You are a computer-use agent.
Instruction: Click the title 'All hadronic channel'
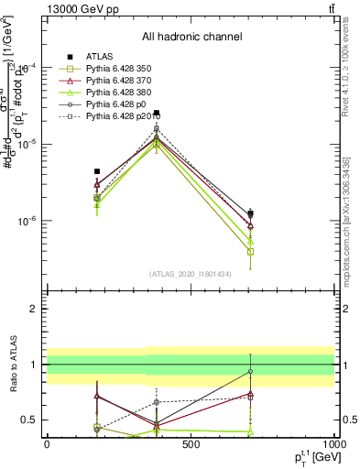190,37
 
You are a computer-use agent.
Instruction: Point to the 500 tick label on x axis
191,444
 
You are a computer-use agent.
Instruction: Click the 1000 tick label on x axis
333,444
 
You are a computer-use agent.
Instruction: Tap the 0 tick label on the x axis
47,444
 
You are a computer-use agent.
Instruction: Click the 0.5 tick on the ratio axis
32,420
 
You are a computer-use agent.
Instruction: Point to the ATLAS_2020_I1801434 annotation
190,274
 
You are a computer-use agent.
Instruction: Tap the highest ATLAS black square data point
157,114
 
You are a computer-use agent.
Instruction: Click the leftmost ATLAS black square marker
97,171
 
